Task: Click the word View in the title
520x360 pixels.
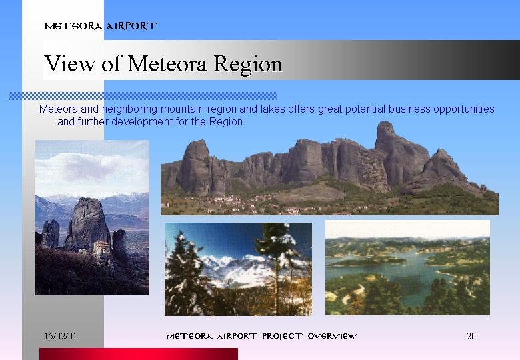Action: click(69, 63)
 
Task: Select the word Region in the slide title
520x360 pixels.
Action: click(247, 65)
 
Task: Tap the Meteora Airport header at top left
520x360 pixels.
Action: click(101, 26)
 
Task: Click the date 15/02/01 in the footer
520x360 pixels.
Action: click(61, 336)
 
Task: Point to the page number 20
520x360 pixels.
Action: click(471, 336)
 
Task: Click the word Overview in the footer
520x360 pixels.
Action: click(332, 336)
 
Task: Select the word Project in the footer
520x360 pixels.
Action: click(282, 337)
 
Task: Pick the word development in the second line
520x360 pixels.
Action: click(142, 122)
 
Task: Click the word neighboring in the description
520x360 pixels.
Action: click(130, 109)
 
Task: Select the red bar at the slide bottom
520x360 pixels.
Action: click(139, 354)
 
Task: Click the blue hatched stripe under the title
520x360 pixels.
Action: click(143, 96)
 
